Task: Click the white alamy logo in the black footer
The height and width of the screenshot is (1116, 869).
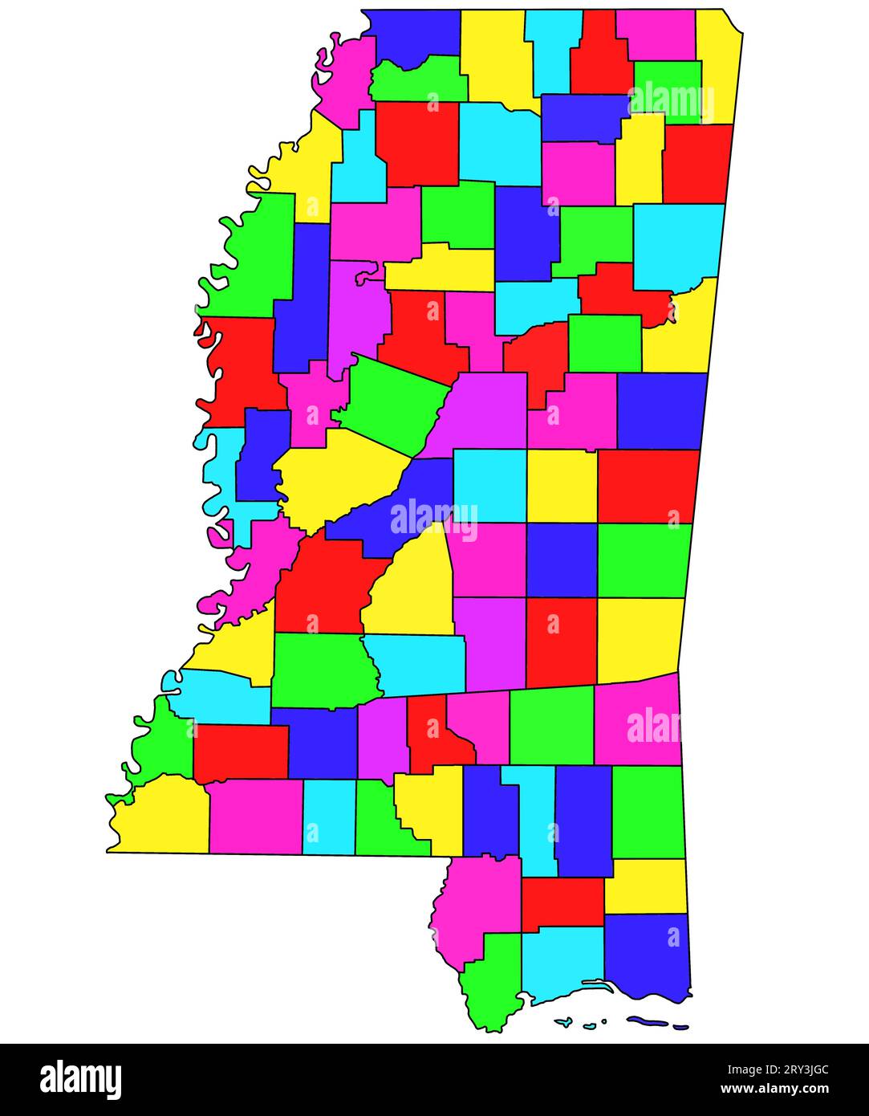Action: (x=81, y=1080)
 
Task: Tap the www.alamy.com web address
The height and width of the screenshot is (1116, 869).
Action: (x=775, y=1090)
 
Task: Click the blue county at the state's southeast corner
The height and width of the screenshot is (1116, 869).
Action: (x=647, y=955)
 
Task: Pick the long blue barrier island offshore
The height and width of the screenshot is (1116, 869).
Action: (x=648, y=1022)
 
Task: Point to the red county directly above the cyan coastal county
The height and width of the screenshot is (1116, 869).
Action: (x=562, y=902)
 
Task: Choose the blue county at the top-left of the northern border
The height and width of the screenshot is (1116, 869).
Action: (x=414, y=36)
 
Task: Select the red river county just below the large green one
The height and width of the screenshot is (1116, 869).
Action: (x=241, y=369)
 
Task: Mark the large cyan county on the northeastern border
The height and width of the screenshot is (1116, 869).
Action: (x=678, y=245)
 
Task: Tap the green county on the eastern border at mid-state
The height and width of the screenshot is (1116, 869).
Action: (x=644, y=560)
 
